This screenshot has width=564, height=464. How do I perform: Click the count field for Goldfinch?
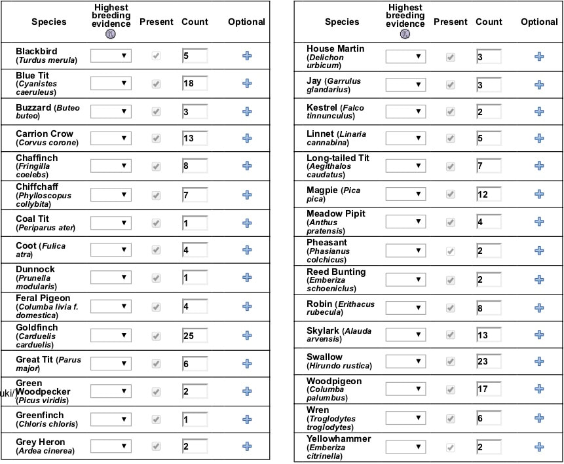coord(195,335)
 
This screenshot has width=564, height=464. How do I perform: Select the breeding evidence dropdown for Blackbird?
coord(111,56)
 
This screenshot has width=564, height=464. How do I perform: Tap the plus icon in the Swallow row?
coord(539,361)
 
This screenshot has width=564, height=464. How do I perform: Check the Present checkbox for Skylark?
coord(451,334)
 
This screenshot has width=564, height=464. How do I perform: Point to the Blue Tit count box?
coord(195,83)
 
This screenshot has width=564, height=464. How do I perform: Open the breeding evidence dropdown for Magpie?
coord(405,194)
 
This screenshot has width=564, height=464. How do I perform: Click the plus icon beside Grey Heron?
coord(247,446)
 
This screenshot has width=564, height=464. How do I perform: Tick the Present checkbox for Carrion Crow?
coord(156,138)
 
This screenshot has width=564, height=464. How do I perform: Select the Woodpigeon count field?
coord(489,389)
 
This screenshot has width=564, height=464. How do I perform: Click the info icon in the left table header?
coord(111,34)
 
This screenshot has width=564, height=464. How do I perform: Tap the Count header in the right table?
coord(489,22)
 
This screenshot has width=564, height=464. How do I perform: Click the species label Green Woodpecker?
coord(43,387)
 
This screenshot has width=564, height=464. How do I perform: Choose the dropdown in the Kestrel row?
coord(405,111)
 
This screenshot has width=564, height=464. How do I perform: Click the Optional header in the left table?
coord(246,22)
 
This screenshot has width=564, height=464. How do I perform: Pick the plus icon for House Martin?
coord(539,56)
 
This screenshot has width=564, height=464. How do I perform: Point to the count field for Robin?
coord(489,308)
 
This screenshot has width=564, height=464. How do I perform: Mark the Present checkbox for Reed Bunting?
coord(451,280)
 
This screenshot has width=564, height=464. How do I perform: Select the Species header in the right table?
coord(342,22)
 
